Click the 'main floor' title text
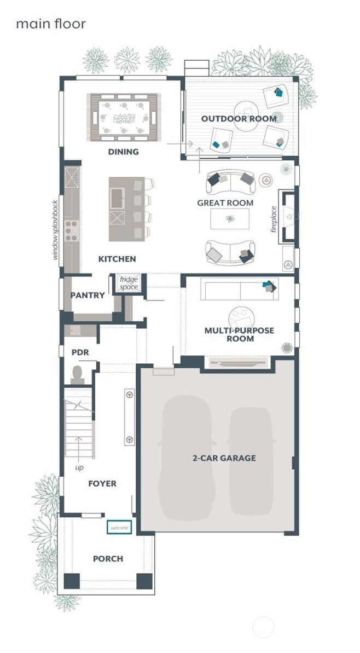click(x=50, y=24)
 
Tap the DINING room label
click(x=123, y=152)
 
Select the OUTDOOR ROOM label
click(x=239, y=119)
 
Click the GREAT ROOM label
click(x=225, y=203)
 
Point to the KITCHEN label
click(x=117, y=258)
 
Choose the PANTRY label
click(x=88, y=295)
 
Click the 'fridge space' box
click(x=129, y=283)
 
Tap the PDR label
click(x=80, y=352)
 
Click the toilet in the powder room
click(x=77, y=374)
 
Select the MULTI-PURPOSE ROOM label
click(x=239, y=334)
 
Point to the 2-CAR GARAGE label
click(x=224, y=458)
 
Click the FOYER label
click(x=102, y=483)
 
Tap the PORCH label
click(x=108, y=559)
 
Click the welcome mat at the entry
click(x=120, y=528)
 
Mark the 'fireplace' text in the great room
click(x=274, y=219)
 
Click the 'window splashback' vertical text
click(x=55, y=229)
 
